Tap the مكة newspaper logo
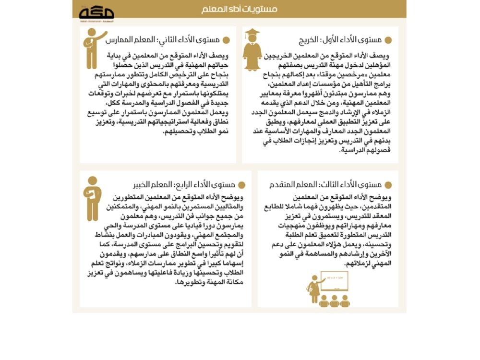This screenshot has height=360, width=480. (x=96, y=12)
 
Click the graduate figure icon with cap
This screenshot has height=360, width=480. (x=252, y=49)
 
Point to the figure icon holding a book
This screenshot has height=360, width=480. (x=92, y=196)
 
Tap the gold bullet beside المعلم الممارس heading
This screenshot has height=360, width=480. (x=226, y=41)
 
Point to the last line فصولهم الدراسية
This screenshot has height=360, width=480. (x=365, y=151)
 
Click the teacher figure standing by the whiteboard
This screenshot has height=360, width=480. (x=314, y=288)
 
